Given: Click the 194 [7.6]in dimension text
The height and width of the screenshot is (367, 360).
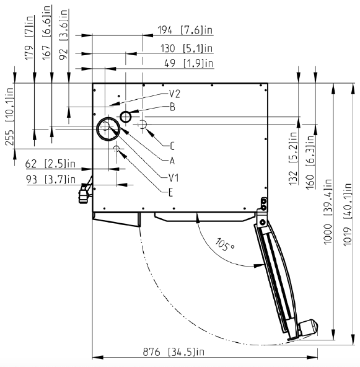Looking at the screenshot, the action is (x=185, y=30).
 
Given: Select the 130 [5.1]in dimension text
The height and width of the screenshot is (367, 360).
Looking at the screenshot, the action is (x=187, y=48).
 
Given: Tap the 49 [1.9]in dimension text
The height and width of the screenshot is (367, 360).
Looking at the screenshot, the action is (x=189, y=63).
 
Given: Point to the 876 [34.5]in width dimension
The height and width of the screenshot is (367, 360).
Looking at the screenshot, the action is (x=173, y=352).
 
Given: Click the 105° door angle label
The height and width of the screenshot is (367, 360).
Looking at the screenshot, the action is (x=225, y=245).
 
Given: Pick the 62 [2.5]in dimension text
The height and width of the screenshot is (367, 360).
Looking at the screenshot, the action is (x=50, y=164).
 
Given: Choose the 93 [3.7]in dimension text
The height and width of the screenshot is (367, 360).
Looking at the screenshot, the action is (x=51, y=180).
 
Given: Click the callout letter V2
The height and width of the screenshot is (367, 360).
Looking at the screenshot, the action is (x=175, y=94).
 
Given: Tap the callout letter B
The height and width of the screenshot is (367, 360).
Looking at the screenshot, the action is (x=172, y=107).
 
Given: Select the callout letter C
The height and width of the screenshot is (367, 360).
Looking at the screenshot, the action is (x=172, y=146).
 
